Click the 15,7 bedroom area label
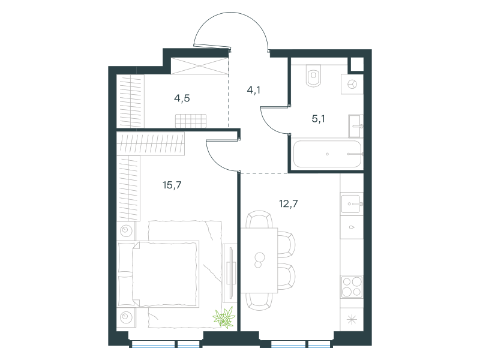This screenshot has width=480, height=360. pyautogui.click(x=172, y=185)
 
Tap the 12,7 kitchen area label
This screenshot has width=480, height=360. pyautogui.click(x=289, y=203)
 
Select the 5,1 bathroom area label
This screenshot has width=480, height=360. pyautogui.click(x=319, y=118)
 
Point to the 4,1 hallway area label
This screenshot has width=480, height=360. pyautogui.click(x=253, y=90)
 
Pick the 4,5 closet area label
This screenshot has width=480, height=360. pyautogui.click(x=182, y=98)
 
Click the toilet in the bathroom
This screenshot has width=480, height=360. pyautogui.click(x=313, y=75)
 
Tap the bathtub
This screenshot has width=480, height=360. pyautogui.click(x=327, y=154)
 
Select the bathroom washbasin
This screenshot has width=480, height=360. pyautogui.click(x=355, y=126)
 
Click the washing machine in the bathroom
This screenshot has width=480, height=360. pyautogui.click(x=352, y=84)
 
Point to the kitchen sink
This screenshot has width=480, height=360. pyautogui.click(x=352, y=203)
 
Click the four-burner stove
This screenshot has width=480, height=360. pyautogui.click(x=352, y=287)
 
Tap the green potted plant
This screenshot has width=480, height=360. pyautogui.click(x=224, y=317)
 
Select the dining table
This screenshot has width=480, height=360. pyautogui.click(x=259, y=260)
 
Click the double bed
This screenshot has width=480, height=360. pyautogui.click(x=158, y=274)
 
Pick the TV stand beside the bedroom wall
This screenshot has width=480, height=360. pyautogui.click(x=230, y=272)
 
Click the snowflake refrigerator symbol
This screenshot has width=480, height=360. pyautogui.click(x=352, y=320)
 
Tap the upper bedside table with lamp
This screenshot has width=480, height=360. pyautogui.click(x=126, y=230)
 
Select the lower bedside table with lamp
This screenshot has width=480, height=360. pyautogui.click(x=126, y=317)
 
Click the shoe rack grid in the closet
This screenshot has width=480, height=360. pyautogui.click(x=191, y=121)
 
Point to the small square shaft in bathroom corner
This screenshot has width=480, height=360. pyautogui.click(x=357, y=65)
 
